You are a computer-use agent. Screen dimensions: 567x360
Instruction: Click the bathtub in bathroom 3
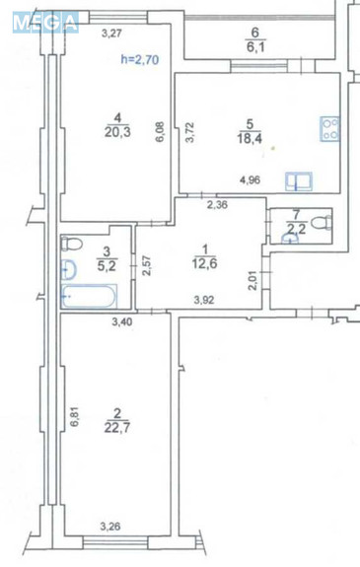tap(90, 295)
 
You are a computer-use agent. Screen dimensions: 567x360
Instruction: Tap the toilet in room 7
tap(321, 224)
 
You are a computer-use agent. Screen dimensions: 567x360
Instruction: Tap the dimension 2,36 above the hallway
tap(218, 205)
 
